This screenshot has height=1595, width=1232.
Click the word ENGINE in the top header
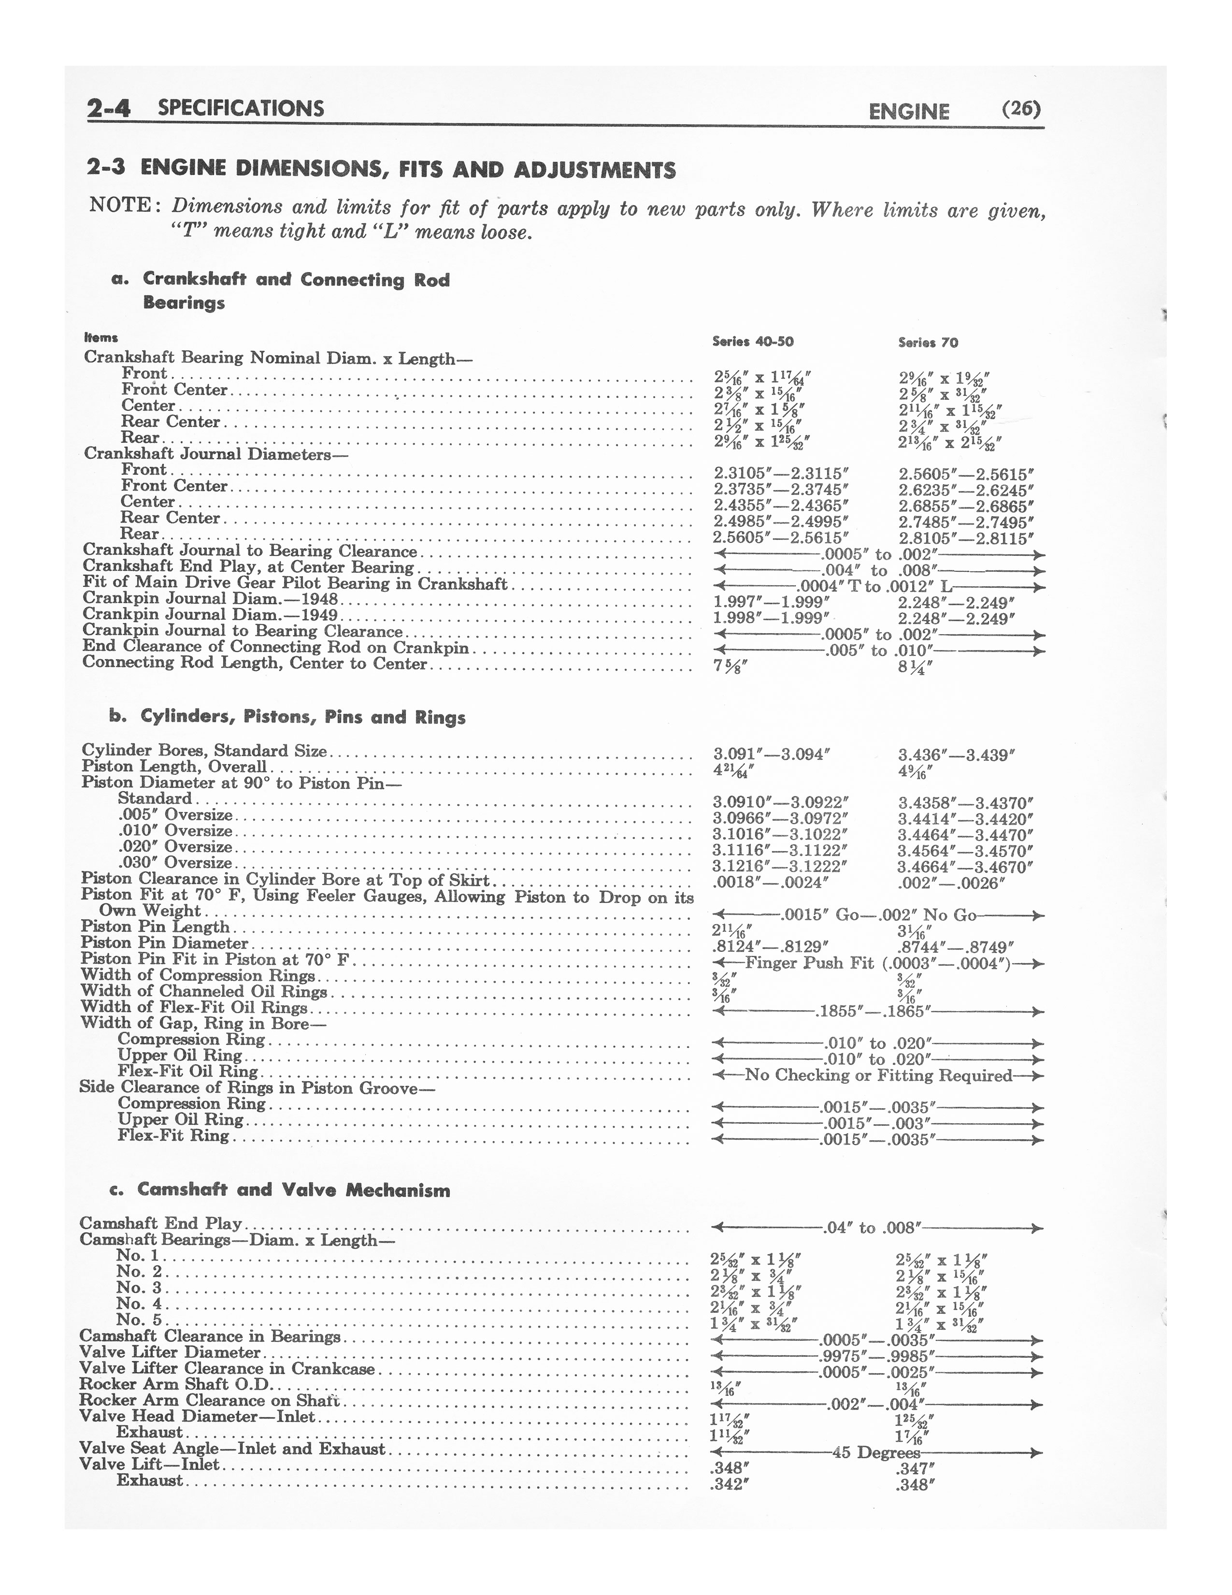coord(909,111)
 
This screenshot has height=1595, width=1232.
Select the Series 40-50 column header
coord(752,342)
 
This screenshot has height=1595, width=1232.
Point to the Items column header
coord(100,337)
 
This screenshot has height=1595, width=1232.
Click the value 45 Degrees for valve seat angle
coord(876,1452)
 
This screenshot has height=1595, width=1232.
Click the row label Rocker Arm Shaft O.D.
coord(175,1384)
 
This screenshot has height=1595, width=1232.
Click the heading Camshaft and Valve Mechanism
coord(293,1190)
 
